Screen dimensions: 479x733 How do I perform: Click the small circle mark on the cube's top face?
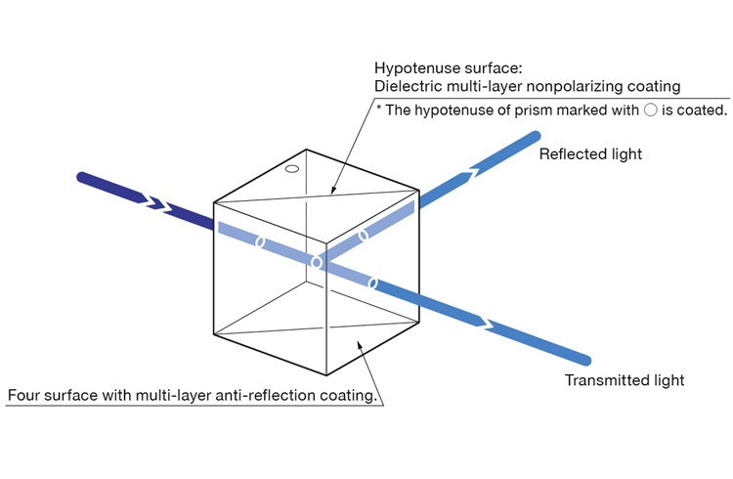tap(290, 169)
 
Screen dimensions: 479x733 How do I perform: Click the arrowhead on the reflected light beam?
tap(473, 174)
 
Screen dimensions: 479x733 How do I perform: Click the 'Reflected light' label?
tap(590, 154)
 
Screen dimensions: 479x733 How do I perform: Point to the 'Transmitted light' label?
tap(625, 380)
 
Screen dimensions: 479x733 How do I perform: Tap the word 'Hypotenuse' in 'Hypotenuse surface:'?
tap(413, 68)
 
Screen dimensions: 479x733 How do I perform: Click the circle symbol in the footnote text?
tap(650, 109)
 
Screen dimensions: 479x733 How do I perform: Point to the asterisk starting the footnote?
tap(378, 109)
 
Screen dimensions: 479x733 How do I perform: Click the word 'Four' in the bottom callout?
tap(24, 396)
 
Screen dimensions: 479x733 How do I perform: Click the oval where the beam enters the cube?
tap(260, 241)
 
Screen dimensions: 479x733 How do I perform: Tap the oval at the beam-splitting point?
tap(315, 262)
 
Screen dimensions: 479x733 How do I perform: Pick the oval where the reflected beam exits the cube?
tap(364, 235)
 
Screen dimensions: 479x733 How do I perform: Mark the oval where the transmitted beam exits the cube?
tap(371, 283)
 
